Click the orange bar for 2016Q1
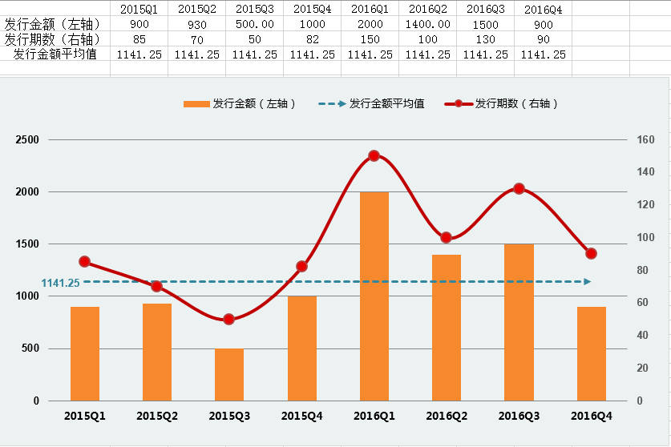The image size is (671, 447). coord(374,296)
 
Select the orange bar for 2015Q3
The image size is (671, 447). coord(229,374)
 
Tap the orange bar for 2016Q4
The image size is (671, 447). coord(592,353)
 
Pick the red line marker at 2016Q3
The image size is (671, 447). coord(519,189)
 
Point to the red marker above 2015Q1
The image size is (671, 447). coord(84,262)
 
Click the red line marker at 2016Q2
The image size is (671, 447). coord(447,238)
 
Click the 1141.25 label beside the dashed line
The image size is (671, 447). coord(60,283)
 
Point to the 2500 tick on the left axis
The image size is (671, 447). coord(27,140)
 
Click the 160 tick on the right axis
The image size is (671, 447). coord(645,140)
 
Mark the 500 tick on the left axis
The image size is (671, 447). coord(30,348)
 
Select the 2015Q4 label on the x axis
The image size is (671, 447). coord(301,416)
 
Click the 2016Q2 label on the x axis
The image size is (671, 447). coord(447,416)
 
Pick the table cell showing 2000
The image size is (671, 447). coord(370,24)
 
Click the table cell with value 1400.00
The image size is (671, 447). coord(427,24)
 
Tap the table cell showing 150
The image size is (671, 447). coord(370,39)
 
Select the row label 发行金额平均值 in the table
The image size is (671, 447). coord(55,54)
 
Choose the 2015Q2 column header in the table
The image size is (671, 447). coord(196,10)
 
